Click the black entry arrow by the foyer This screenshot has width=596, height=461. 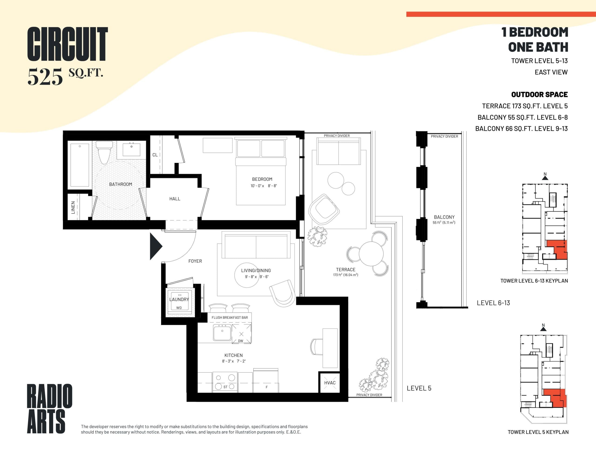click(x=156, y=246)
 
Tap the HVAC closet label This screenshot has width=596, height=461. click(x=330, y=383)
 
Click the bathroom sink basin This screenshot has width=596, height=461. click(x=131, y=149)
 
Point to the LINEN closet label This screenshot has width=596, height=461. click(x=73, y=207)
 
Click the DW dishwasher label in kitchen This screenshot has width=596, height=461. click(x=240, y=341)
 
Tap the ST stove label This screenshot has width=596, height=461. click(x=225, y=387)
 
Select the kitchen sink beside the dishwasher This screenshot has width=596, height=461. click(x=222, y=333)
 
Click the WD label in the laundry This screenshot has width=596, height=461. click(x=179, y=308)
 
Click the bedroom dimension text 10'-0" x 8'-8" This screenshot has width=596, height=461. click(x=264, y=186)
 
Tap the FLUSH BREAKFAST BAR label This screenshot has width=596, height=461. click(x=230, y=317)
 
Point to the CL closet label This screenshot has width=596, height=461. click(x=155, y=155)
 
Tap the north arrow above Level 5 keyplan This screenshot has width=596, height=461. click(x=543, y=328)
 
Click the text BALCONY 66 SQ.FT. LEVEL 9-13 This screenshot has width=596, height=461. click(x=521, y=129)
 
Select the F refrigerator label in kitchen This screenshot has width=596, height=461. click(x=267, y=387)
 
